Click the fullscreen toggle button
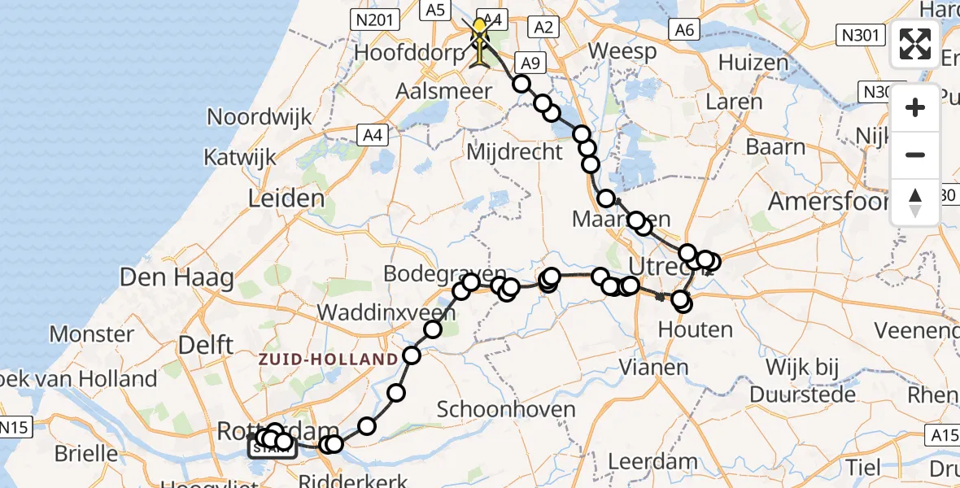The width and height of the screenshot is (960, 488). (x=915, y=44)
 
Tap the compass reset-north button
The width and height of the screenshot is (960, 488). (x=915, y=203)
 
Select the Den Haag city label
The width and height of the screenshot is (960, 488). (x=177, y=277)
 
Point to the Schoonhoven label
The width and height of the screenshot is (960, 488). (x=506, y=409)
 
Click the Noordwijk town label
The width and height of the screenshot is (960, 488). (x=259, y=116)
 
